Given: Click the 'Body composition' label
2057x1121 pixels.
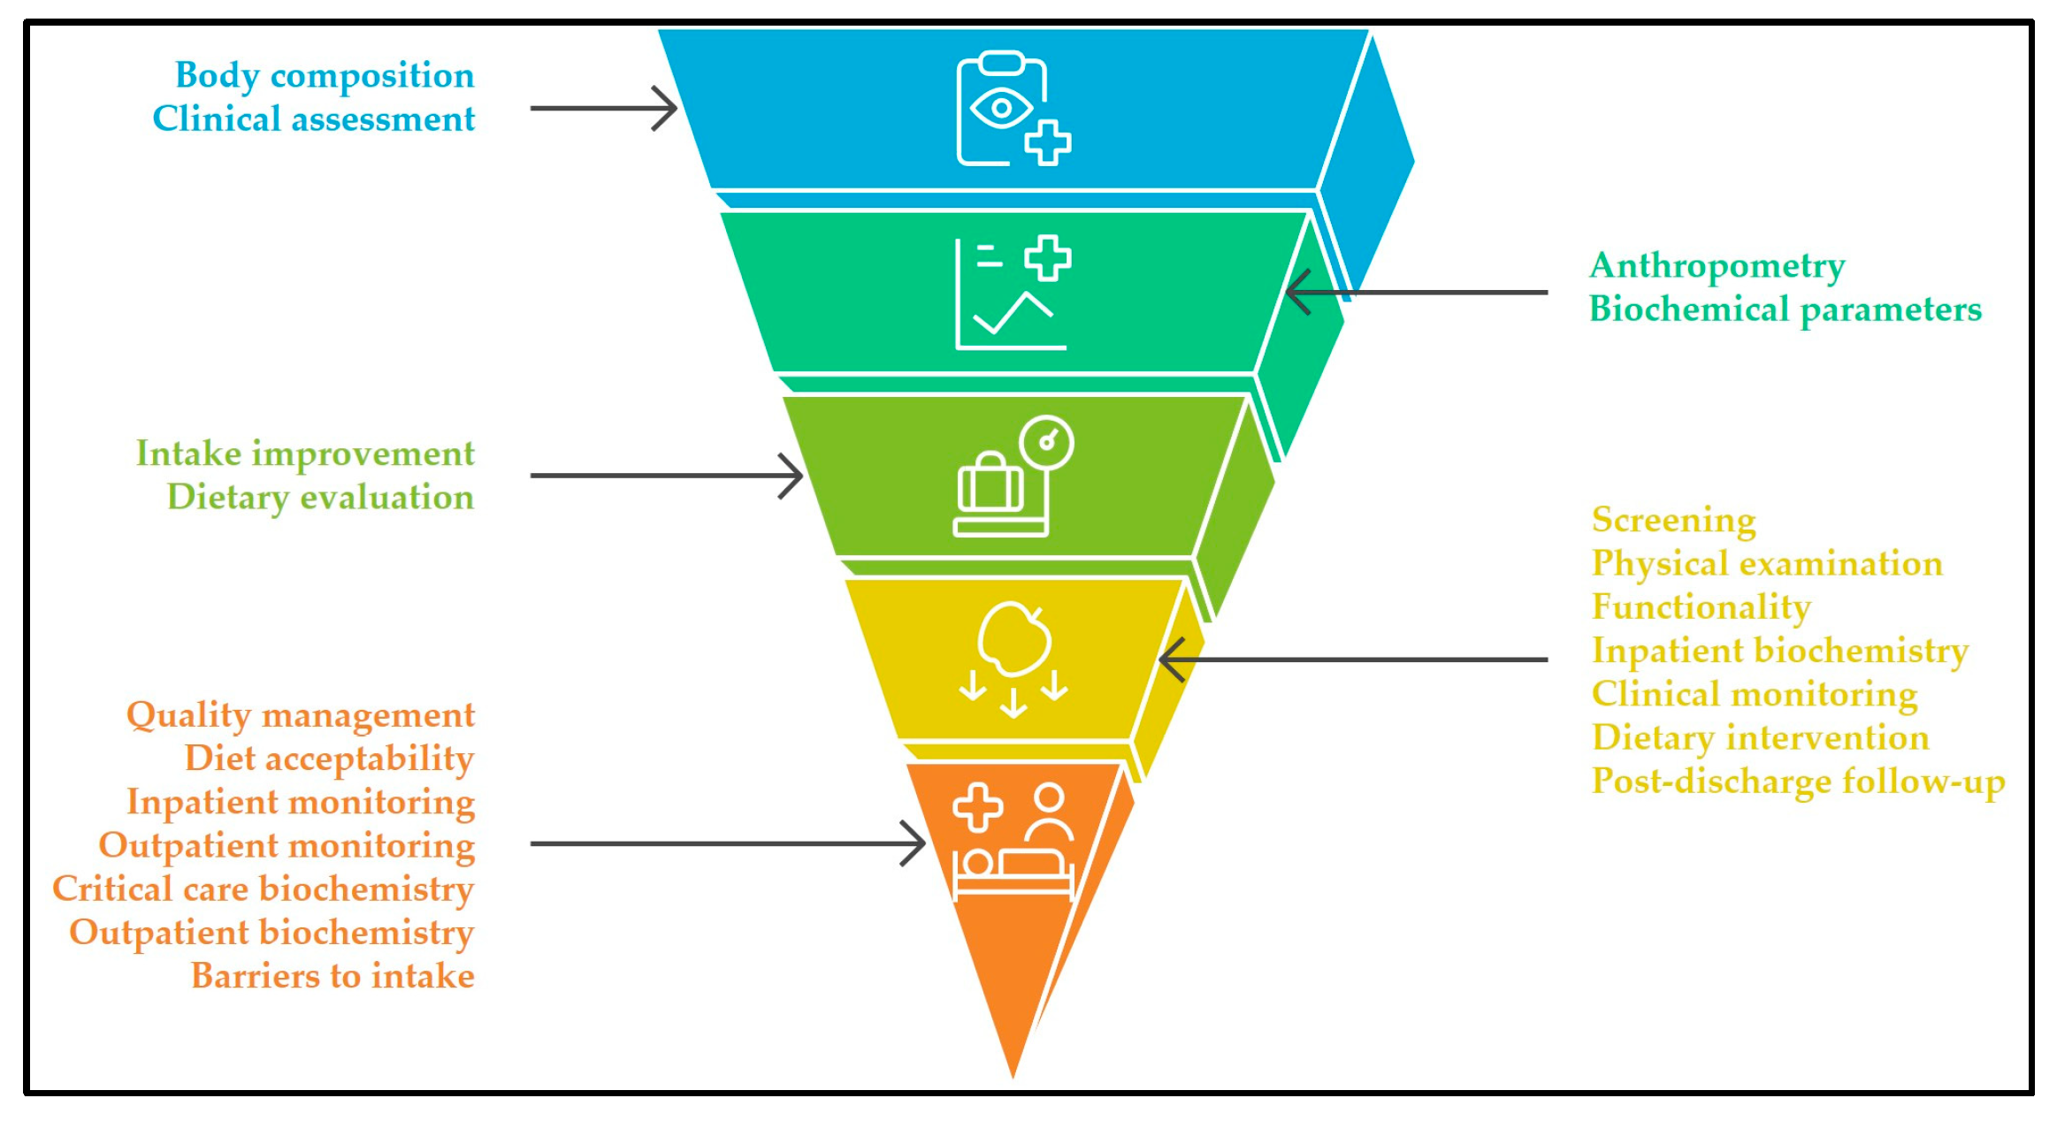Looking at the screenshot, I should point(325,76).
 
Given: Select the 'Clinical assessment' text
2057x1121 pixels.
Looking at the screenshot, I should point(314,119).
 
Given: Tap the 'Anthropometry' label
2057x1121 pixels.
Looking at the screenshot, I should point(1717,266).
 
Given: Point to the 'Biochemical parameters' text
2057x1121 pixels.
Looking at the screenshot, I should point(1785,309).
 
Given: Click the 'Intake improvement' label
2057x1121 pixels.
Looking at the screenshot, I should point(305,454).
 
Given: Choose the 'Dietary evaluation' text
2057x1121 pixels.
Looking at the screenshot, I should point(320,497).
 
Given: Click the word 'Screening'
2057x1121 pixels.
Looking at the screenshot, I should point(1673,520).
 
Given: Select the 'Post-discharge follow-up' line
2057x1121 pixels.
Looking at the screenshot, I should point(1798,782).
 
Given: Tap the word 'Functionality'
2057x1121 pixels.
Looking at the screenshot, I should point(1701,607).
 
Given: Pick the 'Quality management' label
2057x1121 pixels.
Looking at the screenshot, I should point(301,715).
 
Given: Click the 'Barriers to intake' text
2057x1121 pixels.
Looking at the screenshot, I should point(333,976).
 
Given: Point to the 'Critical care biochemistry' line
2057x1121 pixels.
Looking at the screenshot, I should point(264,889).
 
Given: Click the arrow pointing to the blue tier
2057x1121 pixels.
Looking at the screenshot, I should point(604,109).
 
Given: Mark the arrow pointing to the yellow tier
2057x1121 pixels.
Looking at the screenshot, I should point(1353,660).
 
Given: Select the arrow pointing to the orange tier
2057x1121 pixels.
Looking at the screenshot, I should point(727,843).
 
